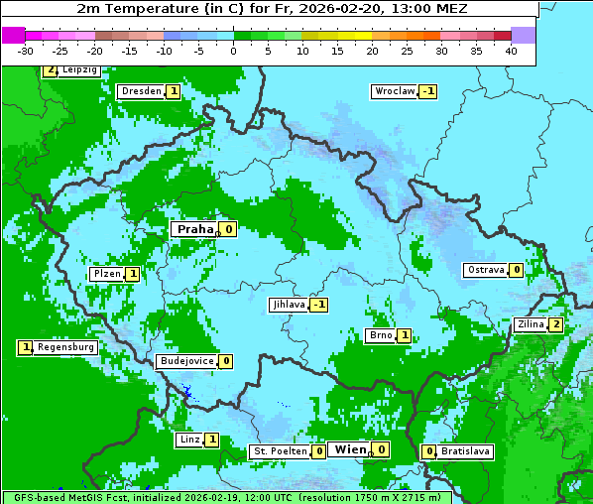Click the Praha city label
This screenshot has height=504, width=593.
coord(194,229)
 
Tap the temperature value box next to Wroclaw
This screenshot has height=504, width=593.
coord(428,91)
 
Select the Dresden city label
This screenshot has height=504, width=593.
coord(141,91)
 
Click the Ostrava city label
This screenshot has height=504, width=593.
coord(486,270)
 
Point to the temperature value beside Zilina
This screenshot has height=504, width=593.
coord(556,324)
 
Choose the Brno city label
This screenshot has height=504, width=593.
coord(381,335)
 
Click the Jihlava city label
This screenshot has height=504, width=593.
coord(288,305)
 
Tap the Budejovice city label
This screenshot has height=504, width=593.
coord(185,361)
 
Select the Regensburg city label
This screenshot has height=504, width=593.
coord(66,347)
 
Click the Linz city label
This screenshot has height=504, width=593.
coord(189,440)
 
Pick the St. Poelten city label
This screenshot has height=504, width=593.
coord(280,451)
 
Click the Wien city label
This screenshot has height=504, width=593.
coord(350,449)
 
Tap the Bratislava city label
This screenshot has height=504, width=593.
coord(466,451)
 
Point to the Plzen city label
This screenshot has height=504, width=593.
coord(106,274)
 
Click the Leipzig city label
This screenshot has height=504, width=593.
coord(78,70)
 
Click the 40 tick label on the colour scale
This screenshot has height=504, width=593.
coord(511,50)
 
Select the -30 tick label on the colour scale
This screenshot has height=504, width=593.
coord(26,50)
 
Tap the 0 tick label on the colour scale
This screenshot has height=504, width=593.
coord(234,50)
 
